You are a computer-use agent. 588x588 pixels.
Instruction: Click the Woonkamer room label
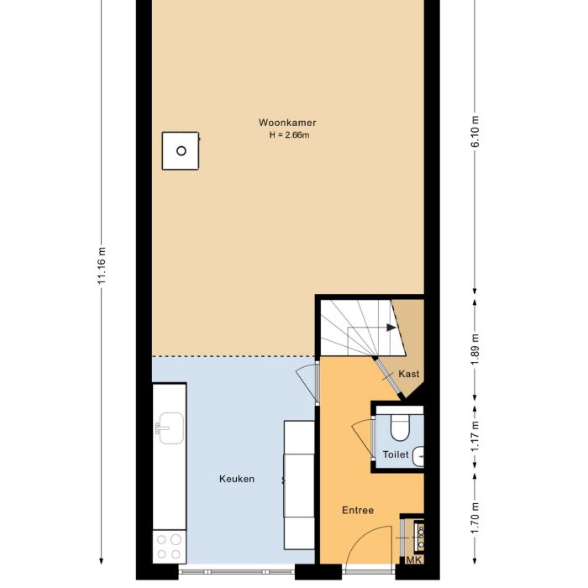pos(287,123)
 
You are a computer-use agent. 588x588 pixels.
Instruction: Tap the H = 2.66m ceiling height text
pos(287,135)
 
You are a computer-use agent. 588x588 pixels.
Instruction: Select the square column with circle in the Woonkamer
pos(181,151)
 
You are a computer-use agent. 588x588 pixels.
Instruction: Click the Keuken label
pos(236,480)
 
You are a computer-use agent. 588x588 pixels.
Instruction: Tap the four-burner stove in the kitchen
pos(169,547)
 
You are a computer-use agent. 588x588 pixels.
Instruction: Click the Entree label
pos(357,510)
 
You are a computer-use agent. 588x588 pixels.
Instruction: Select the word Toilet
pos(395,454)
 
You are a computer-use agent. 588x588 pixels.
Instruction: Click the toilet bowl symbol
pos(399,428)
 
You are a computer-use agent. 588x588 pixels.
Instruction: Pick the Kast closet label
pos(408,374)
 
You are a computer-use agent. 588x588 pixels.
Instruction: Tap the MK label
pos(413,560)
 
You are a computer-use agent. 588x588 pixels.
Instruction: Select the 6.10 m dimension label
pos(475,131)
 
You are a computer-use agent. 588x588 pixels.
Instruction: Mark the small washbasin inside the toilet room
pos(420,455)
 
